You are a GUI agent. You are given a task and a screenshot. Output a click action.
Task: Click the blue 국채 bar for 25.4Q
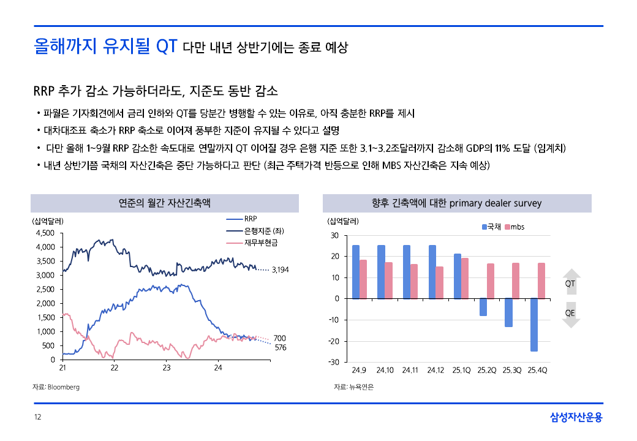(x=534, y=325)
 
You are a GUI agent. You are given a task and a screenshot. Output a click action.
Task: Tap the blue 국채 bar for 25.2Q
(x=483, y=307)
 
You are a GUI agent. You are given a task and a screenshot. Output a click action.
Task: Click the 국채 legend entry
(x=492, y=227)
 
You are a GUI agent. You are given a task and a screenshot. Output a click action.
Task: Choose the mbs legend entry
(x=514, y=227)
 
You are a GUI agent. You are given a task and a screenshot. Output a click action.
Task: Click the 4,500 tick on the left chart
(x=46, y=233)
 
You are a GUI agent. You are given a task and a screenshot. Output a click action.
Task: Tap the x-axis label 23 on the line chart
(x=167, y=368)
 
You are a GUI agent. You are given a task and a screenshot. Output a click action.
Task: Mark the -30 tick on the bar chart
(x=334, y=362)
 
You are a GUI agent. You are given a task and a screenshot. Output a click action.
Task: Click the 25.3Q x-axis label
(x=513, y=371)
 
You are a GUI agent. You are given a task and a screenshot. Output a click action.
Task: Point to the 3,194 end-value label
(x=280, y=269)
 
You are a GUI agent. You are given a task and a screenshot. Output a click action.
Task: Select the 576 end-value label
(x=280, y=347)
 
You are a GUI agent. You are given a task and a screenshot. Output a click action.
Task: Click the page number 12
(x=37, y=418)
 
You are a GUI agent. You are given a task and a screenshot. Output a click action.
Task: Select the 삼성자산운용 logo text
(x=576, y=418)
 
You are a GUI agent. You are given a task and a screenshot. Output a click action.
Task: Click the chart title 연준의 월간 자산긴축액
(x=165, y=203)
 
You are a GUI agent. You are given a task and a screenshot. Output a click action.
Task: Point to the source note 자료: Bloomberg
(x=56, y=387)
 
